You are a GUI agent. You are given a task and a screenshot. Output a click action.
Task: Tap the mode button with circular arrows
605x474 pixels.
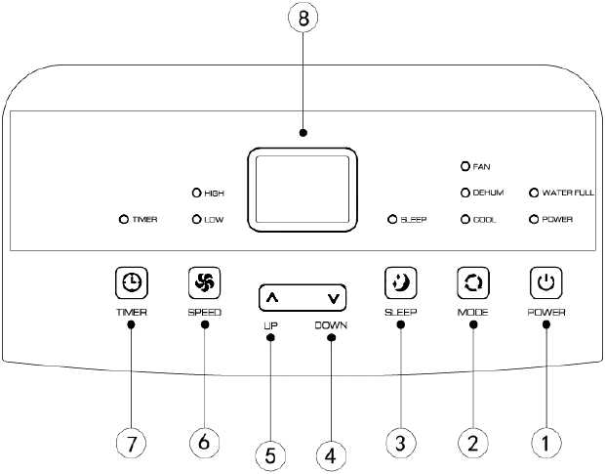click(x=472, y=282)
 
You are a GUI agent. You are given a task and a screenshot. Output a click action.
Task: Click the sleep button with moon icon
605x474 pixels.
click(x=400, y=282)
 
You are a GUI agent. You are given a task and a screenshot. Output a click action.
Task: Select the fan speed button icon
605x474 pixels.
click(x=204, y=282)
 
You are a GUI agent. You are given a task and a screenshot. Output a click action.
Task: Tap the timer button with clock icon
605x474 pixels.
click(x=132, y=282)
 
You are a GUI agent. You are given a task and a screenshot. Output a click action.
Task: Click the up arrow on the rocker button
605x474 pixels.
click(x=272, y=298)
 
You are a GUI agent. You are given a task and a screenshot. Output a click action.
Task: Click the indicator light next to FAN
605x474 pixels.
click(x=464, y=166)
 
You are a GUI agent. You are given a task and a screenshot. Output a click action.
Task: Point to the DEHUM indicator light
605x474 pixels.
click(x=464, y=193)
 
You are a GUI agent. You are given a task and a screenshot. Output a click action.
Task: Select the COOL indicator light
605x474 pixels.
click(x=464, y=220)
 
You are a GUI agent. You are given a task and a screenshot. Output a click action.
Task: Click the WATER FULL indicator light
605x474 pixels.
click(x=534, y=193)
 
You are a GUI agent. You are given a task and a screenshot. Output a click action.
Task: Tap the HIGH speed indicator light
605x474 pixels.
click(x=196, y=193)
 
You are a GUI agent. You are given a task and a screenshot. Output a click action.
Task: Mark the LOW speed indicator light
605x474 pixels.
click(x=196, y=220)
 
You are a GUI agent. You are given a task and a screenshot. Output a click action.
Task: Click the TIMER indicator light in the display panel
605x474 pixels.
click(x=124, y=220)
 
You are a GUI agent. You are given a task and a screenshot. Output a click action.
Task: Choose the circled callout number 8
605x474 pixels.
click(x=303, y=18)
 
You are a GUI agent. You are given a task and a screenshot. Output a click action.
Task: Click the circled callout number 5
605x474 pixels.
click(x=270, y=455)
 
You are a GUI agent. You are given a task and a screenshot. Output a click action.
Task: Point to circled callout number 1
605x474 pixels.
click(x=546, y=443)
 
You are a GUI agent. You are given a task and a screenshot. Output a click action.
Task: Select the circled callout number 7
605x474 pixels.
click(x=131, y=443)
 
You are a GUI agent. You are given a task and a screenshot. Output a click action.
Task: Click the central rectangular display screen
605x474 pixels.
click(x=302, y=190)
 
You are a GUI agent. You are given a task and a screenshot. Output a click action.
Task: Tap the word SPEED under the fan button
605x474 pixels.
click(x=205, y=312)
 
